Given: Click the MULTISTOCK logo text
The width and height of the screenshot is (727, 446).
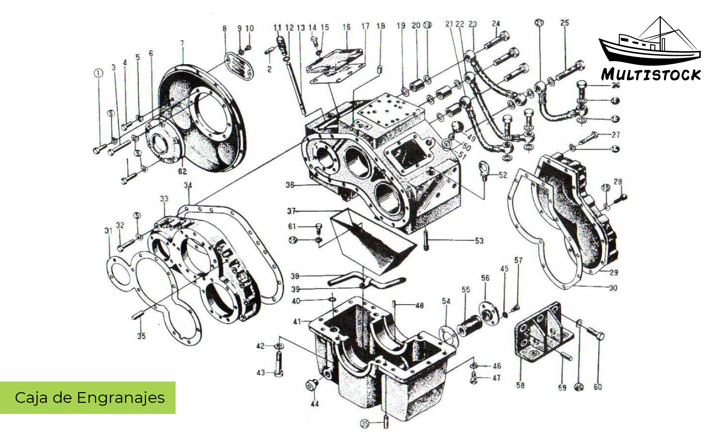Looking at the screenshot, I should click(x=651, y=75).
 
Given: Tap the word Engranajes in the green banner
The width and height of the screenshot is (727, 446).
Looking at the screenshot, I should click(x=121, y=398).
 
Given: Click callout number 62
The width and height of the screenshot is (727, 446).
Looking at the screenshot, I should click(x=182, y=171).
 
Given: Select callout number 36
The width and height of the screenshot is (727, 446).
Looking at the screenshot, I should click(x=290, y=185).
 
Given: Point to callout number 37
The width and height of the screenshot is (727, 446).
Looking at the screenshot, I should click(x=291, y=211).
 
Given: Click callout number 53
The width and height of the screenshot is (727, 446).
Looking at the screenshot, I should click(x=479, y=240).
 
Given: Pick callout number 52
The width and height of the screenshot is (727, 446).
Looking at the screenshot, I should click(x=503, y=175).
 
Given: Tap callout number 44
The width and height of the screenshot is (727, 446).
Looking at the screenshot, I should click(x=314, y=404).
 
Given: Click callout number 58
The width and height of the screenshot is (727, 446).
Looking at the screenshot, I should click(x=520, y=385).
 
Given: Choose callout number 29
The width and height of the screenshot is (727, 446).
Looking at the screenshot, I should click(x=614, y=272).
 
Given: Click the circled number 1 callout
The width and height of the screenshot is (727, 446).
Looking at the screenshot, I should click(x=98, y=73).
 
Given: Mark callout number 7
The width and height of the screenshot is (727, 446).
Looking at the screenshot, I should click(x=182, y=43).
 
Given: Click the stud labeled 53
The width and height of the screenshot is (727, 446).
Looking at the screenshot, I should click(x=426, y=240).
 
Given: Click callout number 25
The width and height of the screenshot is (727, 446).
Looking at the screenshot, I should click(x=565, y=23).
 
